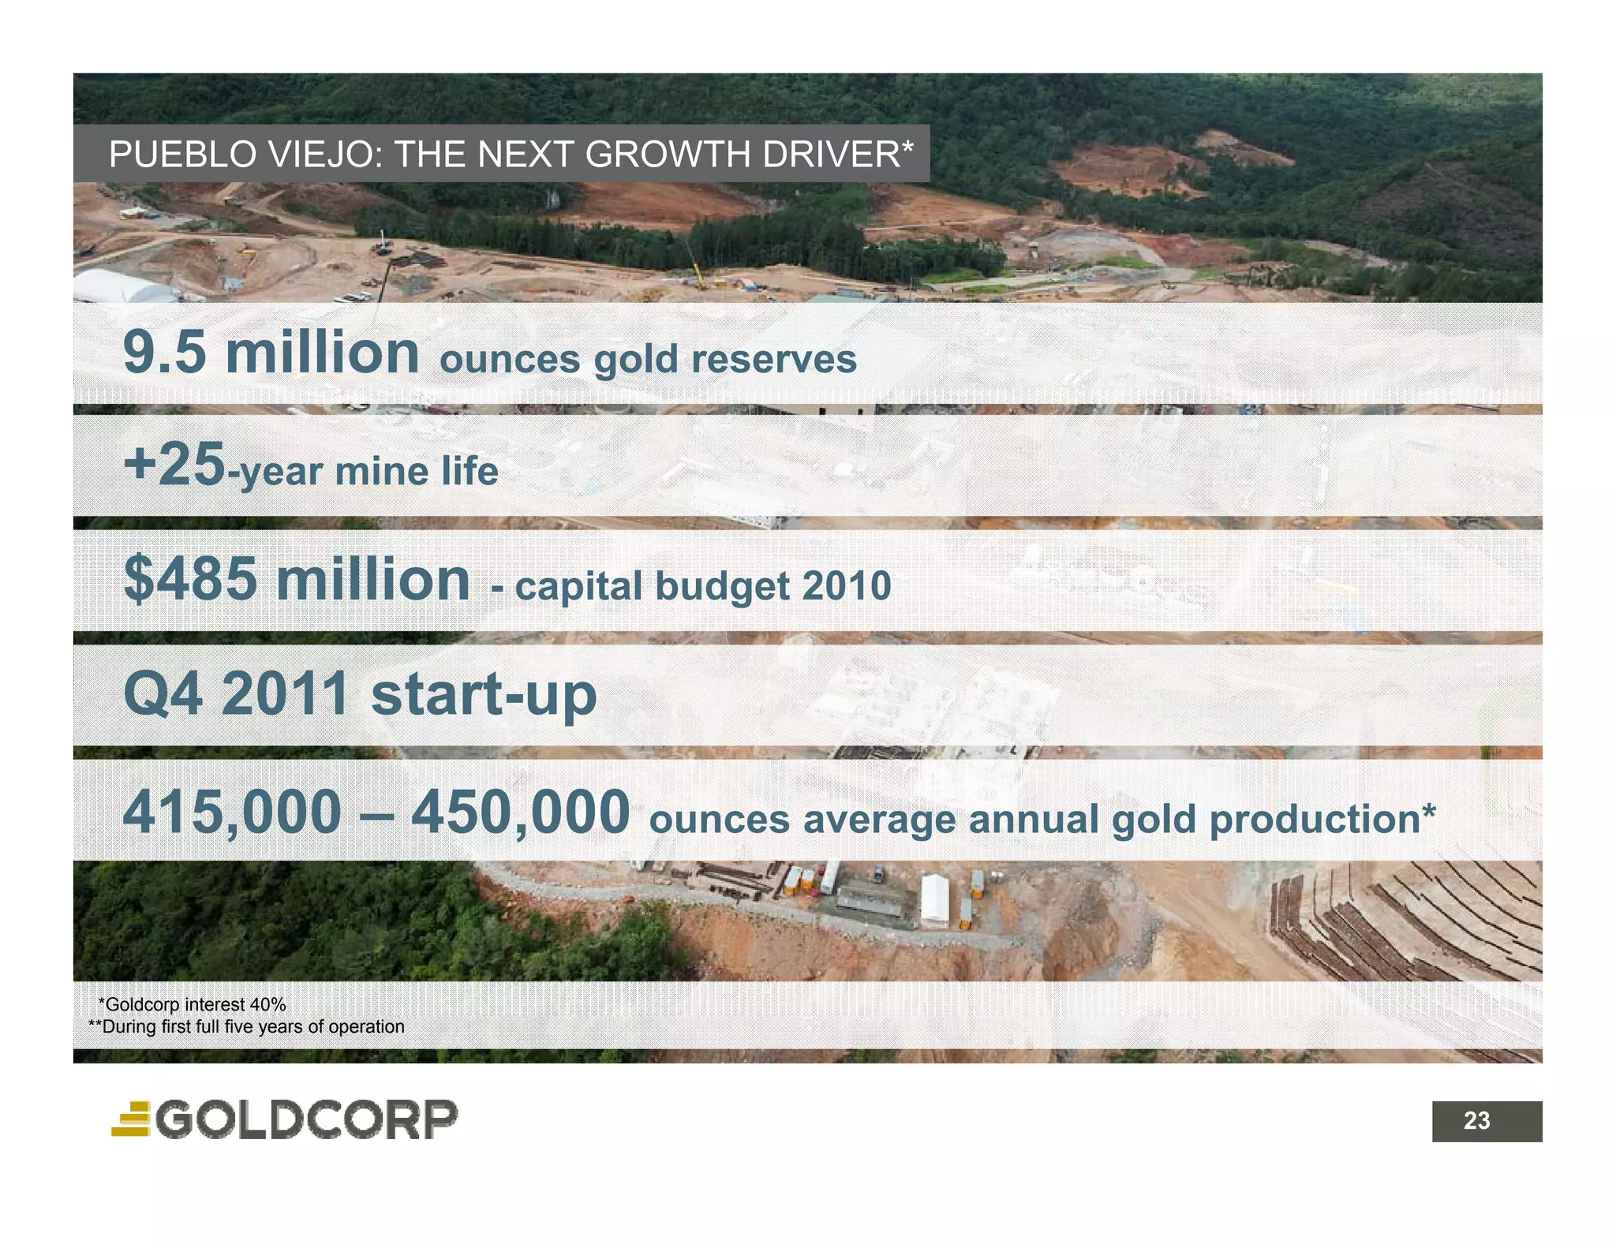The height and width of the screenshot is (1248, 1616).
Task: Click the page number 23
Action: [x=1476, y=1121]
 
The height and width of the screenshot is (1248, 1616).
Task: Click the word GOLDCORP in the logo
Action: [x=307, y=1120]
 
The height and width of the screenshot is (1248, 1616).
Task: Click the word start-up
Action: [x=483, y=694]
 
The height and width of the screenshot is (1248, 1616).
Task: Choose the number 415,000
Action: [x=232, y=813]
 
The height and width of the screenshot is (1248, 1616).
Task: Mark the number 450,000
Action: [x=520, y=813]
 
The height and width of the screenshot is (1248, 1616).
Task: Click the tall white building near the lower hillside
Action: [x=934, y=899]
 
